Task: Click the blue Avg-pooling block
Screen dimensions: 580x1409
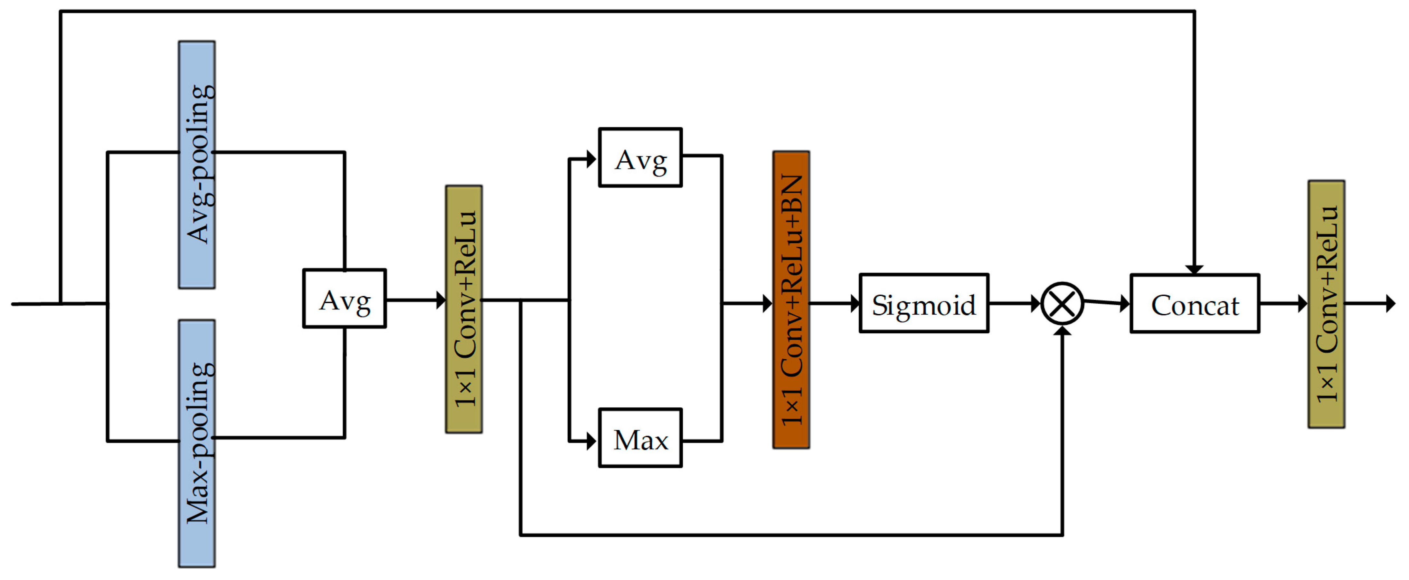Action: click(x=196, y=164)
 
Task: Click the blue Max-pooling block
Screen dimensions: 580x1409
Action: click(x=196, y=443)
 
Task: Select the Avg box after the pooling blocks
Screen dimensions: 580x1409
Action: click(x=345, y=299)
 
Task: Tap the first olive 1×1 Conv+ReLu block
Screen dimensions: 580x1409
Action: click(x=464, y=309)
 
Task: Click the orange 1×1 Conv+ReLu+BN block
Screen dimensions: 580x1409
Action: click(x=791, y=300)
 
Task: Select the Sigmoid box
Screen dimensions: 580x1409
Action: click(x=924, y=303)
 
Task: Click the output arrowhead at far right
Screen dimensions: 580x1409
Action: click(x=1390, y=303)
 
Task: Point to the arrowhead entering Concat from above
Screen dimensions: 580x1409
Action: click(x=1194, y=269)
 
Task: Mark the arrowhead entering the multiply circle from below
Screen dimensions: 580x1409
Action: click(x=1062, y=332)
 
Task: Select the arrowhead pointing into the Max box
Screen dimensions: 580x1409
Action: click(x=591, y=441)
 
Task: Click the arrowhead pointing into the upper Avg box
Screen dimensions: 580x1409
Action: click(x=591, y=159)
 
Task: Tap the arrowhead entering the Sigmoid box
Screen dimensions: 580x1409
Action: click(x=855, y=303)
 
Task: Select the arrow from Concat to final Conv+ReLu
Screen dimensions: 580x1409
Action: click(x=1283, y=303)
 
